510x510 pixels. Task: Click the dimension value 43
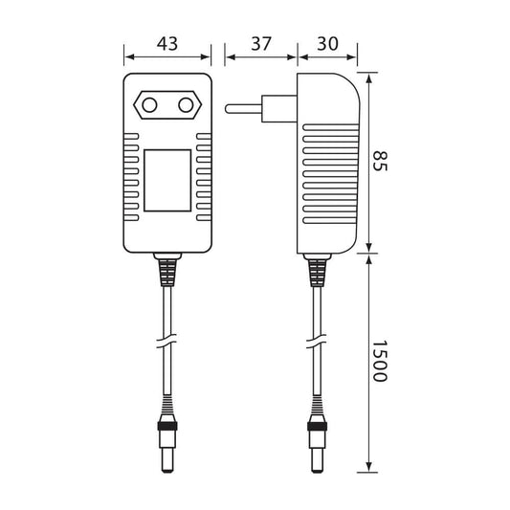tap(167, 44)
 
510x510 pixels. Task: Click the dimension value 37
tap(261, 44)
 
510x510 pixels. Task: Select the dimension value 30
tap(327, 44)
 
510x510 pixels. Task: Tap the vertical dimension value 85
tap(380, 161)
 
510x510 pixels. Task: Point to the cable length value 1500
tap(380, 361)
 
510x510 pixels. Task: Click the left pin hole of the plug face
tap(149, 105)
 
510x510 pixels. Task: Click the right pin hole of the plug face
tap(186, 105)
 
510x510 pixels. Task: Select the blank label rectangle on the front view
tap(167, 181)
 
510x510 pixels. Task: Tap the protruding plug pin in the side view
tap(244, 109)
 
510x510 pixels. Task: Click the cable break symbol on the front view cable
tap(166, 342)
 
